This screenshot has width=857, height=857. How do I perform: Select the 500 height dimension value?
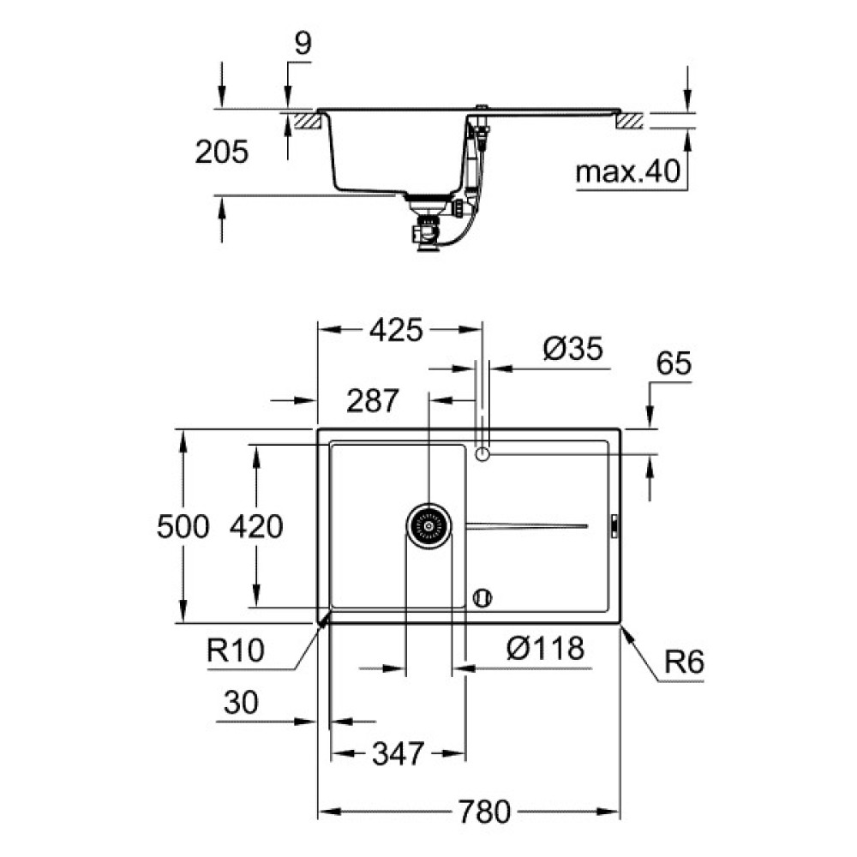(183, 526)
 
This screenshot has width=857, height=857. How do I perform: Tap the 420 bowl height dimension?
(256, 526)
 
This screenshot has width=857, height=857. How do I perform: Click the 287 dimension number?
(374, 400)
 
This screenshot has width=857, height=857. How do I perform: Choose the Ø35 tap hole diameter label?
(573, 349)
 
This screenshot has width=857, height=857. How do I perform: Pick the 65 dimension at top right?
(674, 363)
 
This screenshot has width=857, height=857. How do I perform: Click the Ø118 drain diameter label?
(544, 649)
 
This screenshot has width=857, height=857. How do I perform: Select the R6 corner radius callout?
(683, 662)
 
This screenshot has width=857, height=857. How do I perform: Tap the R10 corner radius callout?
(236, 650)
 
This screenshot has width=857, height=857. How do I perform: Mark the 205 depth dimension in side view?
(221, 153)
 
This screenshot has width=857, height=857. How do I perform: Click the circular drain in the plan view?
(428, 525)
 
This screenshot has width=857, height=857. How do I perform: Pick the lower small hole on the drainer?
(482, 596)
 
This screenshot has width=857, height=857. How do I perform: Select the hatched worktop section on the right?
(630, 120)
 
